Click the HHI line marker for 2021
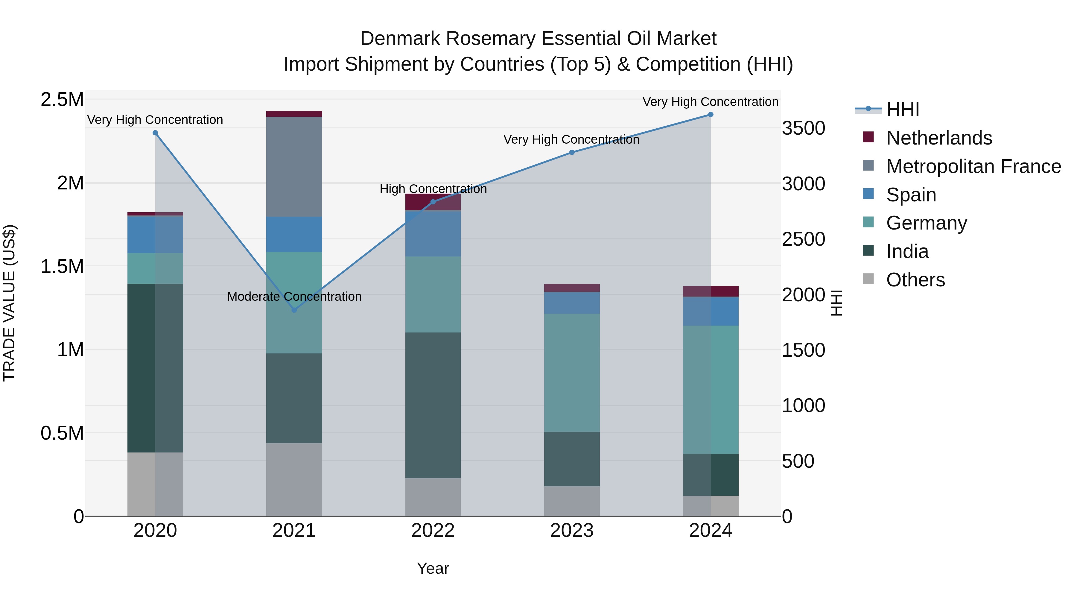click(x=294, y=310)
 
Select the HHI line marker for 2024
click(x=710, y=115)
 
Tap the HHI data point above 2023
click(x=571, y=153)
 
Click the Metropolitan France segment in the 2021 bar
click(x=294, y=166)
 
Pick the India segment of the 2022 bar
click(x=433, y=405)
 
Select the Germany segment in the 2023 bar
click(x=571, y=372)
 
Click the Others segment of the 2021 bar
click(x=294, y=479)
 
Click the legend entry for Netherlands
click(x=938, y=138)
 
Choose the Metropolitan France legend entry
click(x=973, y=166)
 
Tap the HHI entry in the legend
click(x=902, y=110)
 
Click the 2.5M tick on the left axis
click(x=62, y=100)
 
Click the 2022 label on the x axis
click(x=433, y=531)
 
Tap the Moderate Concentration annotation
click(x=294, y=297)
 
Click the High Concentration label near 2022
click(x=433, y=189)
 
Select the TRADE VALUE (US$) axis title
click(x=9, y=303)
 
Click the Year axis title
click(x=433, y=568)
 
